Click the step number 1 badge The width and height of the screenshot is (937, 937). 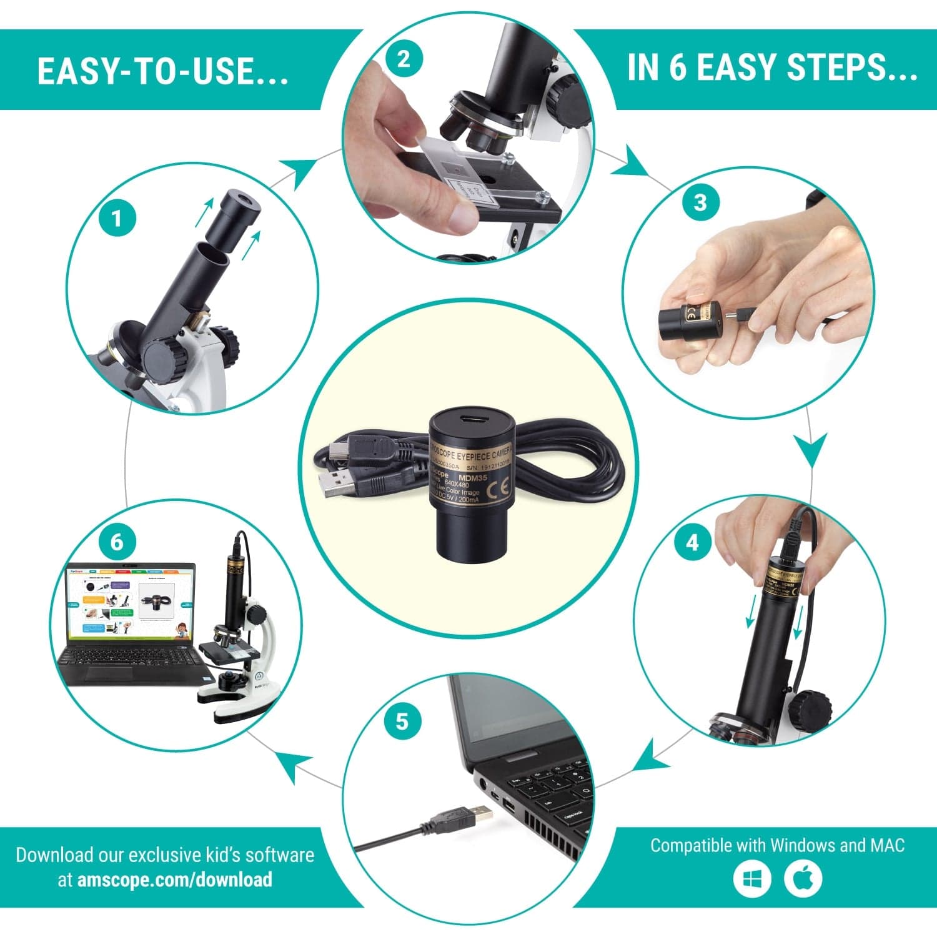tap(117, 219)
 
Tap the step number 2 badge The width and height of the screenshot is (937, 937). tap(404, 60)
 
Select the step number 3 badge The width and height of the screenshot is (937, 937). tap(700, 202)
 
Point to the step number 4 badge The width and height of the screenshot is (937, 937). tap(692, 543)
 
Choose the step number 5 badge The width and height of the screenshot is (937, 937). tap(402, 721)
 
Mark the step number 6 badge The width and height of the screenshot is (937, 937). tap(117, 542)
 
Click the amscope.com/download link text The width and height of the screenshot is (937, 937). tap(174, 880)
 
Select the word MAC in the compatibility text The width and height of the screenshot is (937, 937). tap(887, 845)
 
